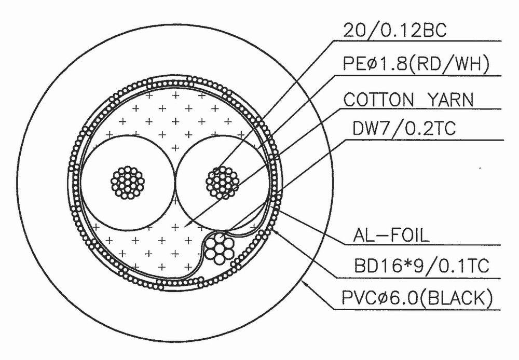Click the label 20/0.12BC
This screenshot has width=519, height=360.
395,31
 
